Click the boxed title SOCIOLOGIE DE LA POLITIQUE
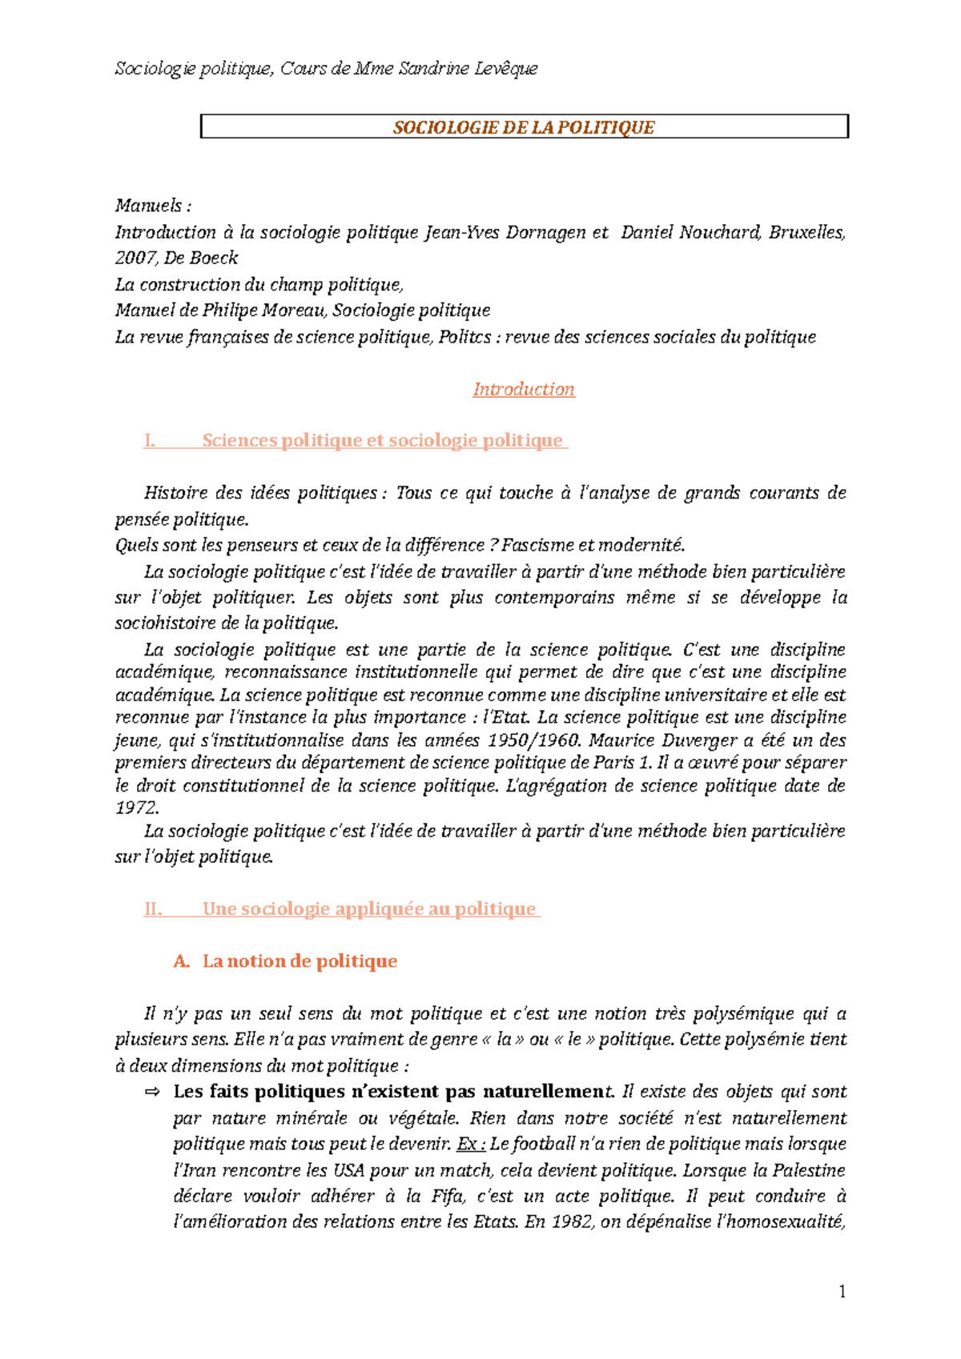[x=524, y=127]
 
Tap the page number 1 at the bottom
[x=842, y=1291]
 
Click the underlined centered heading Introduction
[x=524, y=389]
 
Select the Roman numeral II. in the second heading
[x=153, y=908]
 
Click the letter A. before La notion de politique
[x=181, y=960]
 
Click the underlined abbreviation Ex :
[x=472, y=1144]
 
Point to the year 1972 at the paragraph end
[x=136, y=808]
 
